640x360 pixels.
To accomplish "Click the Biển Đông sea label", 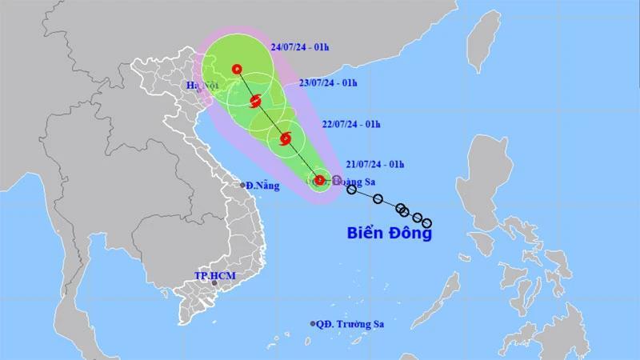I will [390, 234].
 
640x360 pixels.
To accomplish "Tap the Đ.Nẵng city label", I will [262, 185].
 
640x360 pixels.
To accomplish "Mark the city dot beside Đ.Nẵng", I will [242, 186].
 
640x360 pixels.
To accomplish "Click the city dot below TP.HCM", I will [214, 283].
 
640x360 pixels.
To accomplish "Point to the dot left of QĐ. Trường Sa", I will [314, 324].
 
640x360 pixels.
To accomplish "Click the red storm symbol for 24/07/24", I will [237, 69].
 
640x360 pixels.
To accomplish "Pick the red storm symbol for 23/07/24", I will [256, 101].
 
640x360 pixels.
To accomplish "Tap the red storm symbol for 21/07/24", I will [319, 180].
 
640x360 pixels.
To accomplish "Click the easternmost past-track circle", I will [426, 222].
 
